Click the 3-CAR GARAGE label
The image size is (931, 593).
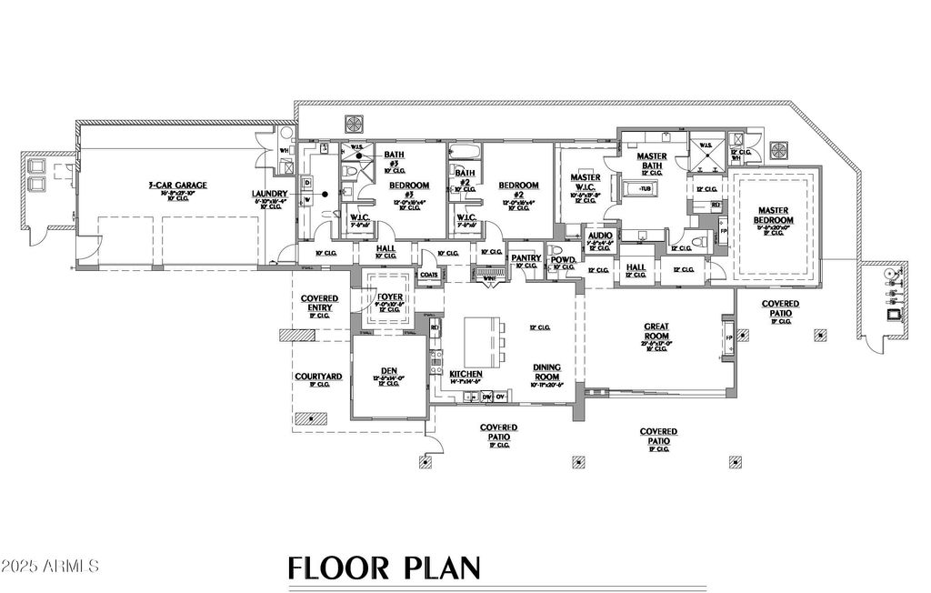[178, 186]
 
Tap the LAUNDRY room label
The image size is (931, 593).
[270, 194]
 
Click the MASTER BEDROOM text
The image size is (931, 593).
[775, 215]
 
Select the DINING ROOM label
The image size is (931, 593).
[546, 371]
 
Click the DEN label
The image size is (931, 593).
[388, 370]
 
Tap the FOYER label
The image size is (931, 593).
[388, 296]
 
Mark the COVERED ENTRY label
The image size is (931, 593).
[319, 303]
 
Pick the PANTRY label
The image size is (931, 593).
[525, 257]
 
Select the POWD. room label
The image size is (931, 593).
[563, 258]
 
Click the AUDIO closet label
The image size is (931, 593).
[600, 235]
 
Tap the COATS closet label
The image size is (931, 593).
[429, 273]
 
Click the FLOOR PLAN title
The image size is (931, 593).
[384, 568]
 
